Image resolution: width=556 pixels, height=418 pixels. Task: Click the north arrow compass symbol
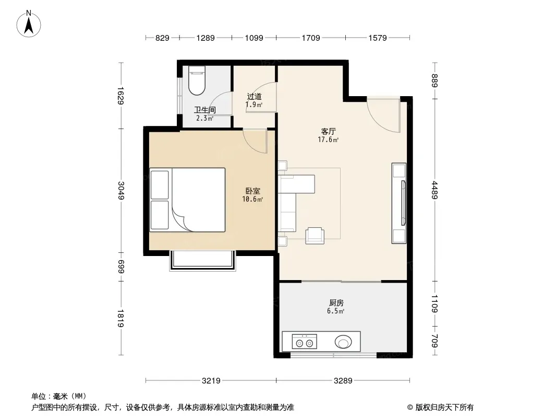coord(29,24)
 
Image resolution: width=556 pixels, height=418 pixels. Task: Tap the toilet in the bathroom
coord(197,80)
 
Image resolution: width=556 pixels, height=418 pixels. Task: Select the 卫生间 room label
coord(205,110)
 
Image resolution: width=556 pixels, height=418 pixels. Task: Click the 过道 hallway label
coord(254,96)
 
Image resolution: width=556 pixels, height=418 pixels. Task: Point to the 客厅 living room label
coord(329,131)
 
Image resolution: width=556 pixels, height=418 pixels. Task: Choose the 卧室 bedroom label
coord(253,191)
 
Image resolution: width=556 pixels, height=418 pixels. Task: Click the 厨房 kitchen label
coord(336,303)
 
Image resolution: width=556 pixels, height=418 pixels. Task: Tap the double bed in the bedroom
coord(188,200)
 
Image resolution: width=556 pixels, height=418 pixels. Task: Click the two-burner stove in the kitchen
coord(305,342)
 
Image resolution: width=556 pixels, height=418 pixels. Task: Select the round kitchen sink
coord(343,342)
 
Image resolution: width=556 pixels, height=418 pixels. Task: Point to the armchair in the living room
coord(315,236)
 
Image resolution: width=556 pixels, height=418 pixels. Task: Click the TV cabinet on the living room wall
coord(399,203)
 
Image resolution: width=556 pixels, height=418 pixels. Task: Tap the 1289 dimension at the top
coord(206,38)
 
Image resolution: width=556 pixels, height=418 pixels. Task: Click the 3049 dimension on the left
coord(122,190)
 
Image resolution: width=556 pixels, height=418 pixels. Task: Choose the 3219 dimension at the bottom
coord(211,381)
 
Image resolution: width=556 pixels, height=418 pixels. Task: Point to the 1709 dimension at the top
coord(311,38)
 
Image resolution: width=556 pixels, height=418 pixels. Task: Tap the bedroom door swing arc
coord(255,142)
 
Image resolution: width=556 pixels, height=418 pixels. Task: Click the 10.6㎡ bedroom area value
coord(252,199)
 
